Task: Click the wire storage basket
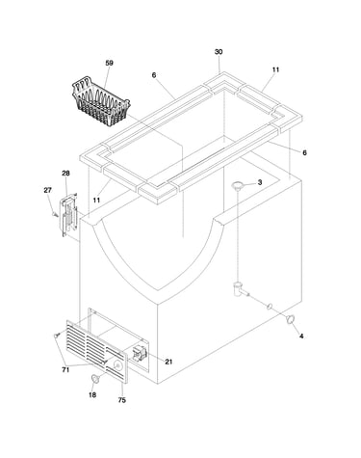coord(101,101)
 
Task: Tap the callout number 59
coord(110,63)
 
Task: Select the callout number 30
coord(219,52)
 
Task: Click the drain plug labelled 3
coord(238,185)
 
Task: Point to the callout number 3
coord(260,182)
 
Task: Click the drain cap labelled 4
coord(291,320)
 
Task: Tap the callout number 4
coord(301,337)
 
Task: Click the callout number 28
coord(65,174)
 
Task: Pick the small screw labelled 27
coord(55,213)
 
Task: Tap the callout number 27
coord(47,190)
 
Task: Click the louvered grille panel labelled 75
coord(97,351)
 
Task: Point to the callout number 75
coord(121,400)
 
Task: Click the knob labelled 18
coord(95,379)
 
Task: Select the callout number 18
coord(92,394)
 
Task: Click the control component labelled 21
coord(140,353)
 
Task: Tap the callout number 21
coord(168,362)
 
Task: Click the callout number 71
coord(65,370)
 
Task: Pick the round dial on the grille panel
coord(117,365)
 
